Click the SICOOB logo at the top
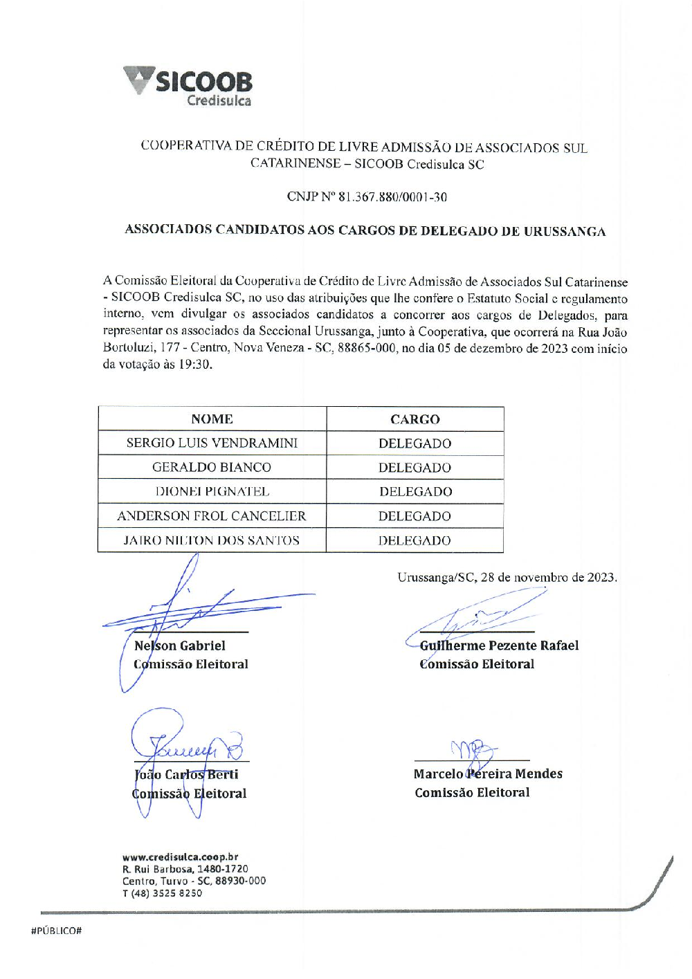(x=188, y=86)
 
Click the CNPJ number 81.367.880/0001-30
(x=392, y=197)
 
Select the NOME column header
(x=212, y=419)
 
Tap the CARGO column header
(x=415, y=419)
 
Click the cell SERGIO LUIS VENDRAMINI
(x=212, y=443)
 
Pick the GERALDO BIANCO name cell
(x=212, y=468)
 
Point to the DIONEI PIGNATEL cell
(x=212, y=492)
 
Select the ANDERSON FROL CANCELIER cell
(x=212, y=516)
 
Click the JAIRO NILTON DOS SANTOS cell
(x=212, y=540)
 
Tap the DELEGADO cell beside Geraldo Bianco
(x=415, y=468)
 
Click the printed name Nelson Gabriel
(x=180, y=646)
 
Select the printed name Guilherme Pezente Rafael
(x=499, y=646)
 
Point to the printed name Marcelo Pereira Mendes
(x=488, y=774)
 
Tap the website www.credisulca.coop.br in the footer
(x=180, y=857)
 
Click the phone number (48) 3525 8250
(x=166, y=893)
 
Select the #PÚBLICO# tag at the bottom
(x=57, y=931)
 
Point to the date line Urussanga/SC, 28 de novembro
(x=507, y=578)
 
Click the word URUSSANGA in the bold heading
(x=564, y=231)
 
